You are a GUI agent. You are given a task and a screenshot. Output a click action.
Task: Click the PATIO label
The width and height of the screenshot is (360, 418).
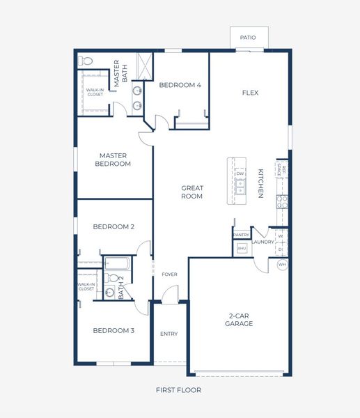[247, 38]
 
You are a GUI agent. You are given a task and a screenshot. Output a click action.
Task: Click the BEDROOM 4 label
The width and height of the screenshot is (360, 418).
[180, 85]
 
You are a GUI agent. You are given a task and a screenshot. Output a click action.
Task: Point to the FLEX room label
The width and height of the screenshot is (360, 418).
[250, 93]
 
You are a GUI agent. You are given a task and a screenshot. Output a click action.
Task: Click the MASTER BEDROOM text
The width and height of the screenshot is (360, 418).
[115, 160]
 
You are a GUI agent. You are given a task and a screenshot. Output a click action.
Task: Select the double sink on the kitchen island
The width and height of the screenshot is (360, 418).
[240, 187]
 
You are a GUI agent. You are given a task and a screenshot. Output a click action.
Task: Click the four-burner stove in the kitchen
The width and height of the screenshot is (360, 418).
[283, 202]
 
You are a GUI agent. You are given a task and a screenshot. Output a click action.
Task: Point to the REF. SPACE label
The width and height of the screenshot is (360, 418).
[281, 169]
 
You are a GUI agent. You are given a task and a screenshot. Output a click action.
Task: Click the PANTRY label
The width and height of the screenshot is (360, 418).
[241, 235]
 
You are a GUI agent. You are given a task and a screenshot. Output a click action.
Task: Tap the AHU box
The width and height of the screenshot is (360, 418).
[242, 248]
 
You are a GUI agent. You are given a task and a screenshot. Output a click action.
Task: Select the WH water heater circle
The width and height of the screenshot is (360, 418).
[282, 265]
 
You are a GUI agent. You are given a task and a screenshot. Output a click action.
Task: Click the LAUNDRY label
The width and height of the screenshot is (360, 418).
[263, 242]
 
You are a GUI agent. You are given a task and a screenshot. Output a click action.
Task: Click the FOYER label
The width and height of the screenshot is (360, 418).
[169, 274]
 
